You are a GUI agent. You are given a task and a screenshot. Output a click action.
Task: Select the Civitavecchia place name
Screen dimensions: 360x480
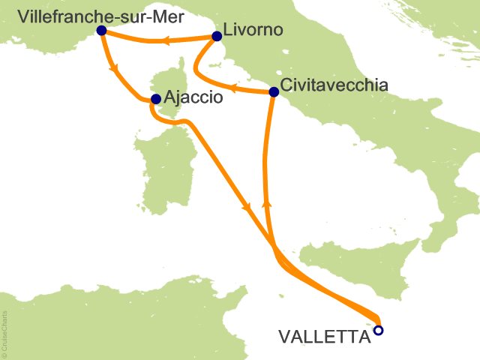coord(333,85)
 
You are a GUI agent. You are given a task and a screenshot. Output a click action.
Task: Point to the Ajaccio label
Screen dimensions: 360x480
coord(192,98)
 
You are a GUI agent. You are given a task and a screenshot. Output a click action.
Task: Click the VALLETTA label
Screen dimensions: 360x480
coord(324,337)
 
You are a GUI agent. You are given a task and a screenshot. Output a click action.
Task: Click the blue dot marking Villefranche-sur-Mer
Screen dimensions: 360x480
coord(101,31)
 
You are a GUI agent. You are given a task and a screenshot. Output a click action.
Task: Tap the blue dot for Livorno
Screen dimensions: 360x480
coord(217,35)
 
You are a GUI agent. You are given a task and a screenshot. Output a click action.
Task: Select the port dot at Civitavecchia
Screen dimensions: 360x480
coord(274,92)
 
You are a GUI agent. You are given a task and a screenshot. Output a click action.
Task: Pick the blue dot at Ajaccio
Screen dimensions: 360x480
coord(155,99)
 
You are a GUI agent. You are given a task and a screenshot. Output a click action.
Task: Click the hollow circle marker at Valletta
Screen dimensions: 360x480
coord(379,330)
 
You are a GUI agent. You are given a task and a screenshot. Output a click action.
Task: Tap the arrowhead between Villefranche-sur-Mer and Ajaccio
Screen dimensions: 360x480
coord(115,70)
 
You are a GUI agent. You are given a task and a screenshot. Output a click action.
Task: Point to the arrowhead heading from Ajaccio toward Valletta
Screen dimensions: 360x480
coord(245,207)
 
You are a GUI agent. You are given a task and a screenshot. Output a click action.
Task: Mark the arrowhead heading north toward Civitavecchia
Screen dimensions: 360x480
coord(266,204)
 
